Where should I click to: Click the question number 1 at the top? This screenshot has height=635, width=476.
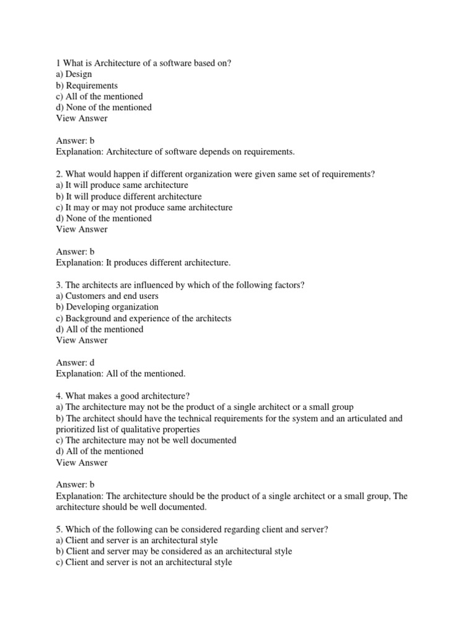click(58, 63)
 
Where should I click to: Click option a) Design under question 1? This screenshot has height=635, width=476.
click(74, 74)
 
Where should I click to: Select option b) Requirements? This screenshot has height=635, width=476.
click(87, 86)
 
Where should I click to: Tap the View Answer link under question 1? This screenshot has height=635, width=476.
click(82, 118)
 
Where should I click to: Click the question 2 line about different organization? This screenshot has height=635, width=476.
click(216, 174)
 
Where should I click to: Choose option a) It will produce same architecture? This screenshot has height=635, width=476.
click(122, 185)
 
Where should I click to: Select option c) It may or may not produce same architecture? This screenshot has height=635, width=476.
click(144, 208)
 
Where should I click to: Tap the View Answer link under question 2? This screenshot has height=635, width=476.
click(82, 229)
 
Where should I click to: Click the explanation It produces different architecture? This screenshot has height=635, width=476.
click(143, 263)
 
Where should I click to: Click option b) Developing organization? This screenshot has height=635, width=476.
click(107, 307)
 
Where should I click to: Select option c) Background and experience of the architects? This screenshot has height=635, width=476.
click(144, 318)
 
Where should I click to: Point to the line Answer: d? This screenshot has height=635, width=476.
click(76, 362)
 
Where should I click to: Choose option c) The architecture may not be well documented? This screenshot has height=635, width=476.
click(146, 440)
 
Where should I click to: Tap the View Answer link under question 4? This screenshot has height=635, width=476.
click(82, 463)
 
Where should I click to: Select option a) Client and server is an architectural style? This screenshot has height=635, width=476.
click(137, 540)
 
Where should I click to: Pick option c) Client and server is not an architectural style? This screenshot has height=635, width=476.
click(144, 562)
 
